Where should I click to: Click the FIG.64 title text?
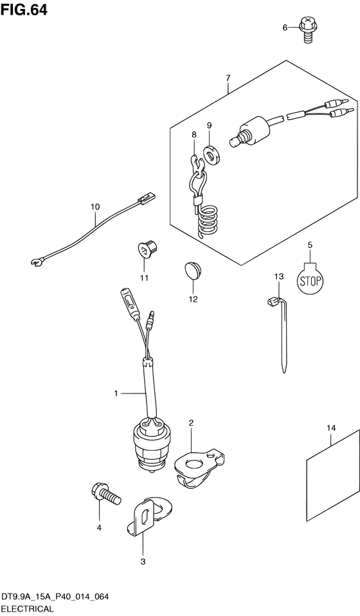pos(24,10)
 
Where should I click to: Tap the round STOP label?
pos(310,280)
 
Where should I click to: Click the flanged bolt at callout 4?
pos(105,494)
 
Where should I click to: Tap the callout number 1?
pos(116,394)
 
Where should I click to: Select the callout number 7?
pos(228,78)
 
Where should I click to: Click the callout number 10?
pos(95,206)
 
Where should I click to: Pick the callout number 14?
pos(331,428)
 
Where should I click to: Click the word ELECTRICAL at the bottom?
pos(27,609)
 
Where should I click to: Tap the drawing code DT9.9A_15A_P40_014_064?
pos(54,597)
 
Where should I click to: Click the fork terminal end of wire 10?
pos(37,262)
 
